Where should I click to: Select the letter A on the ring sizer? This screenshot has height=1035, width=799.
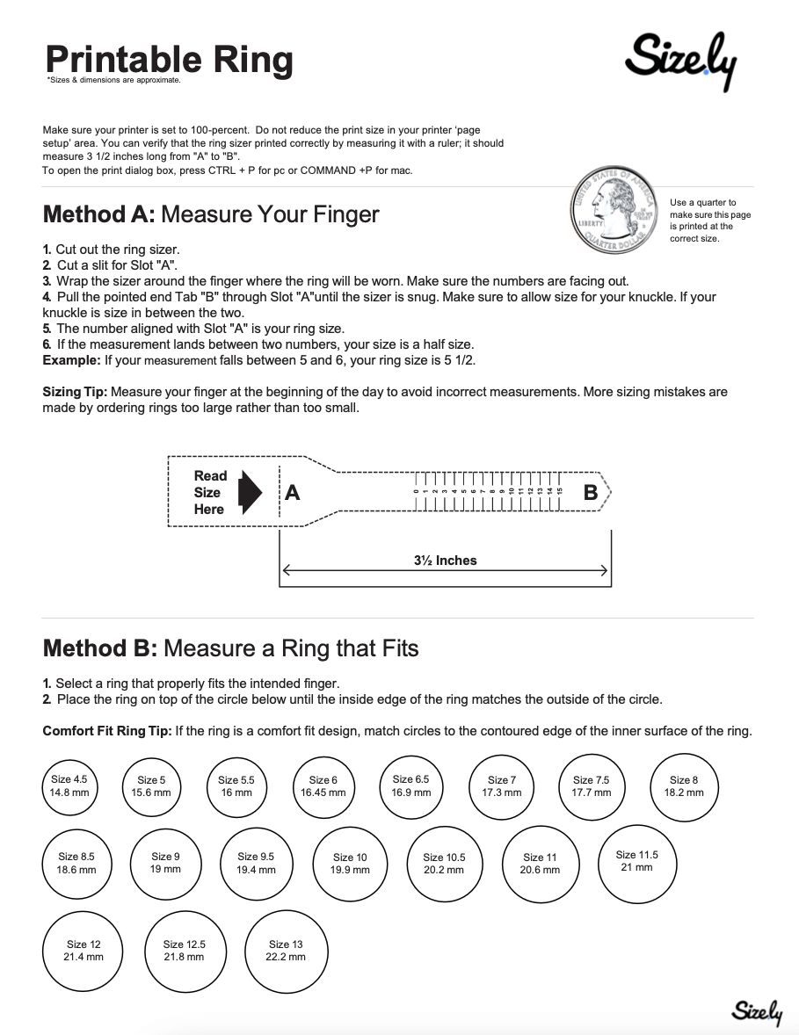(x=293, y=493)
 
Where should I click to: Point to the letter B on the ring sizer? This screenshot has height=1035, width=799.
(x=591, y=493)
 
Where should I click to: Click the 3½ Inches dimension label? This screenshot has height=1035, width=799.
(x=445, y=561)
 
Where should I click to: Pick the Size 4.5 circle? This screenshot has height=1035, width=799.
(x=69, y=785)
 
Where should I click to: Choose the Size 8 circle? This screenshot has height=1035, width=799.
(x=683, y=785)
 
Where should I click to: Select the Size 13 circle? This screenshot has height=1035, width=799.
(x=285, y=950)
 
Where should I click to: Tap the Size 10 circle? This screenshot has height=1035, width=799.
(x=350, y=864)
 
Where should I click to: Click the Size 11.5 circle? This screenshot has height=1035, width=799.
(x=636, y=860)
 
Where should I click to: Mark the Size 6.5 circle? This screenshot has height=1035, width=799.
(x=410, y=785)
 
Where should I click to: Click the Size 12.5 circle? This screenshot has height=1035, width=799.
(x=184, y=950)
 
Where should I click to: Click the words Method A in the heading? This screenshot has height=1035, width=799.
(x=99, y=214)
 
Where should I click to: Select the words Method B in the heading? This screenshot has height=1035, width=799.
(x=99, y=648)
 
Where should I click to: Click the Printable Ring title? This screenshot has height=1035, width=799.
(x=169, y=60)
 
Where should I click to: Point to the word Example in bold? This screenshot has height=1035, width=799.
(x=71, y=361)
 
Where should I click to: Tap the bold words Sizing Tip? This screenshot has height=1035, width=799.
(x=76, y=392)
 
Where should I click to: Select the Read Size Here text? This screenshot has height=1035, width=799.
(x=210, y=492)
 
